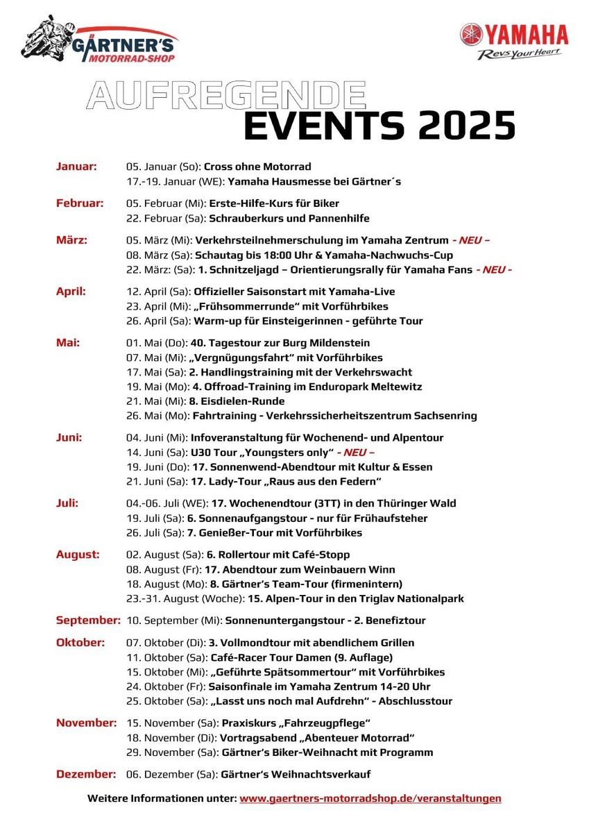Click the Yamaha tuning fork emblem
[x=471, y=35]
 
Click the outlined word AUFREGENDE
[x=225, y=95]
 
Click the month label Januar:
[x=76, y=167]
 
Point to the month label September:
[x=88, y=620]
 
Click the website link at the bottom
[x=370, y=798]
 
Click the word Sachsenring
[x=443, y=416]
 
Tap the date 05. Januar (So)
[x=163, y=167]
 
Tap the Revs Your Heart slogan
[x=519, y=54]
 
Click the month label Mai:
[x=68, y=343]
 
